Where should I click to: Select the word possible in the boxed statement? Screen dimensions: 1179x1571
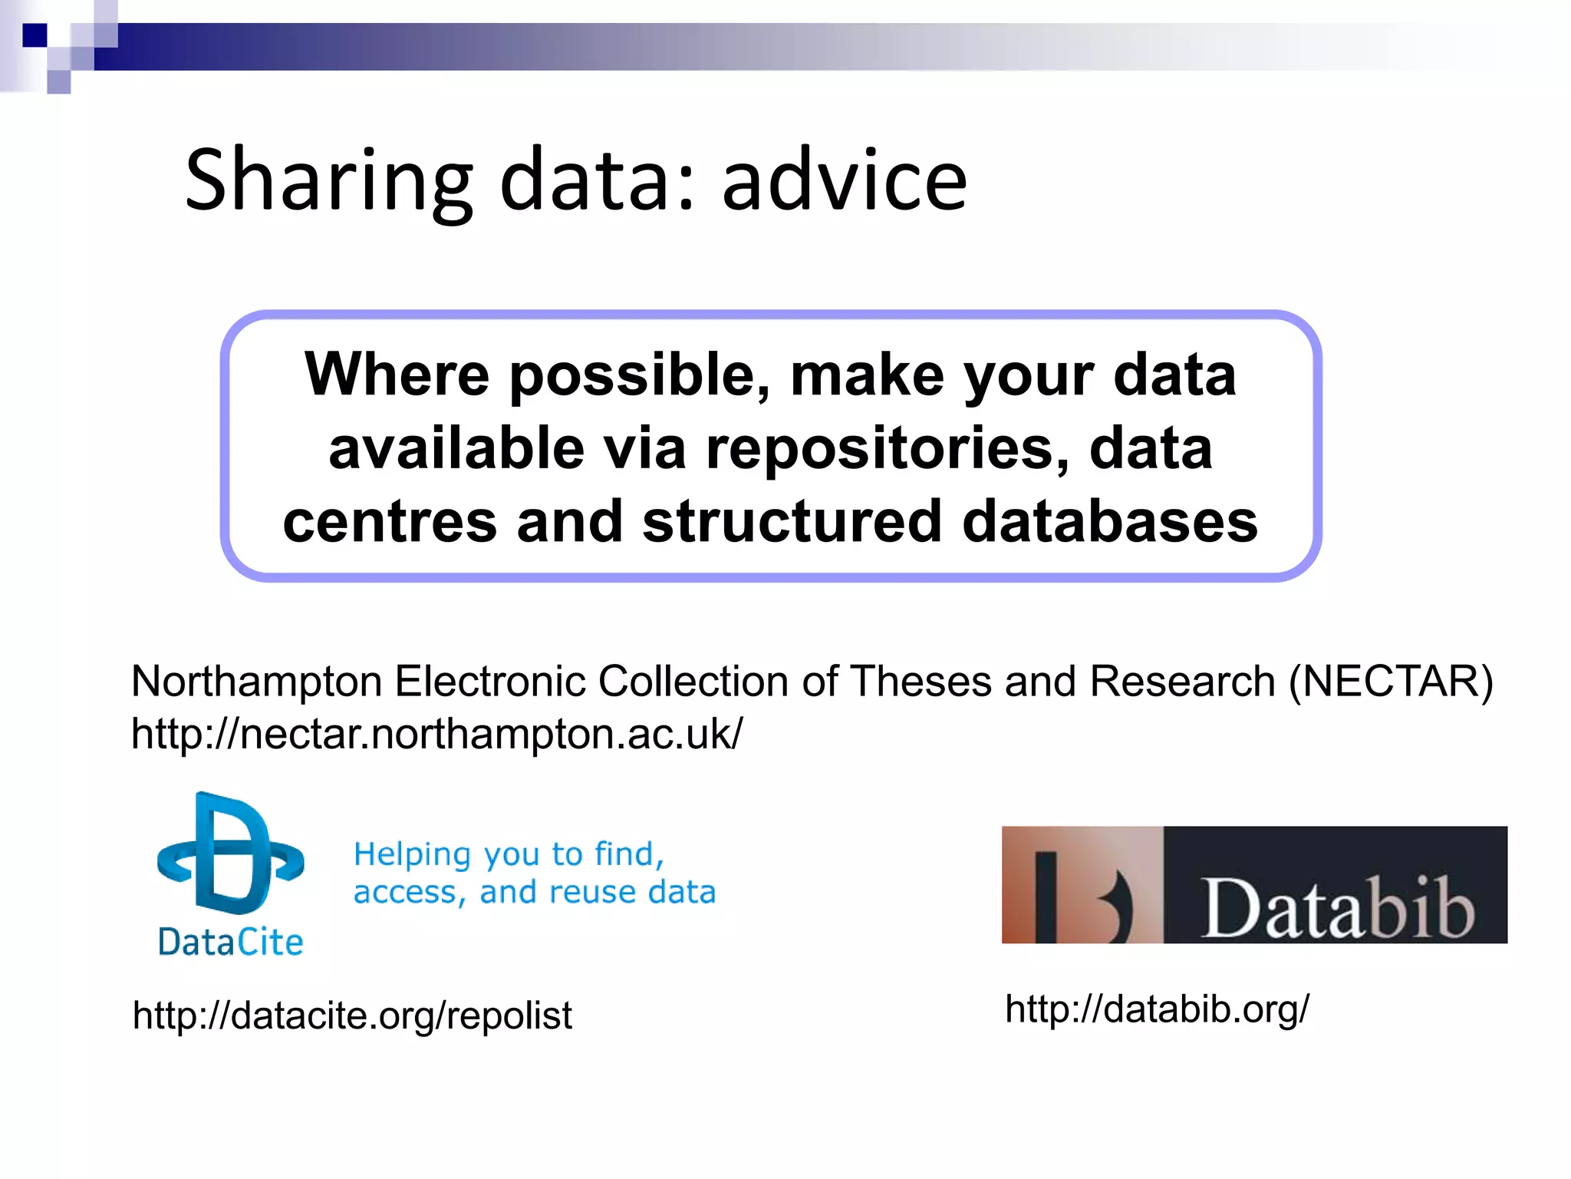coord(640,375)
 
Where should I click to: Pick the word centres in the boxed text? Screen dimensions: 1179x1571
coord(390,522)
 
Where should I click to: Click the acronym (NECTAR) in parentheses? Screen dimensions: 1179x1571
coord(1391,681)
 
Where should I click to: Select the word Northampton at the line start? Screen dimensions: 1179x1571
coord(256,681)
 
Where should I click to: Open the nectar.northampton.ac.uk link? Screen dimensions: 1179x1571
coord(436,734)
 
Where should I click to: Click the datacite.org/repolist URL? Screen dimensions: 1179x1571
coord(352,1016)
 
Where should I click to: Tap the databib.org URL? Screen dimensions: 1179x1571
coord(1157,1009)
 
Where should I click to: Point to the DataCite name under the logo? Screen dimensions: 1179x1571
coord(230,942)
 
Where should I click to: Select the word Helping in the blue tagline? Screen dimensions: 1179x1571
coord(412,854)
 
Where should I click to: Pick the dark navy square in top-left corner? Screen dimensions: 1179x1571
coord(35,35)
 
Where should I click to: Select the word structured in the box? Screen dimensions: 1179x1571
coord(791,522)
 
